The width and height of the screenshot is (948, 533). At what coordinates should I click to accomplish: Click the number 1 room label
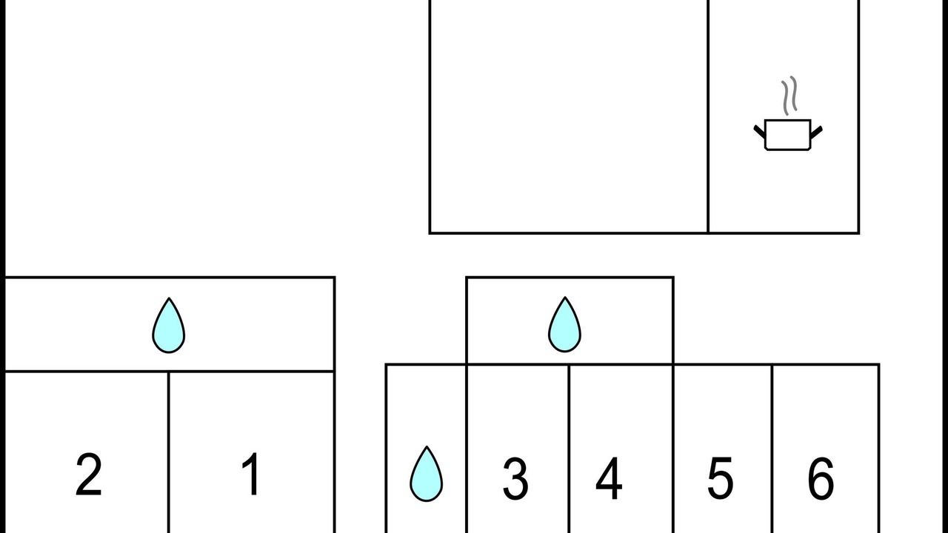click(x=251, y=473)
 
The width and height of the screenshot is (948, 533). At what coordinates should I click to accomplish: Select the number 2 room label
click(x=88, y=475)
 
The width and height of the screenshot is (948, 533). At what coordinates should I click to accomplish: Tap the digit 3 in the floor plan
click(x=515, y=478)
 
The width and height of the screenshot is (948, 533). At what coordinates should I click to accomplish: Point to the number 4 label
click(x=609, y=478)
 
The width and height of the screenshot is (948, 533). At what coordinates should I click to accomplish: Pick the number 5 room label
click(x=721, y=478)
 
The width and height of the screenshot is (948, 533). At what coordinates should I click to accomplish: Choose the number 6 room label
click(x=821, y=478)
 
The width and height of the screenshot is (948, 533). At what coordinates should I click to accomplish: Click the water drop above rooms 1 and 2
click(x=168, y=325)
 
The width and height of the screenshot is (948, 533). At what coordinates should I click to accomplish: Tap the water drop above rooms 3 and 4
click(x=564, y=324)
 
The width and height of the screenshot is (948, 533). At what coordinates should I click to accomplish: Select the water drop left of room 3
click(x=426, y=474)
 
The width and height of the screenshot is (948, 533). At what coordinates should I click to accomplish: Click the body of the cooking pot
click(x=787, y=135)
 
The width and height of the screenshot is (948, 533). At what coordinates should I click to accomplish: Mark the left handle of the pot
click(x=759, y=132)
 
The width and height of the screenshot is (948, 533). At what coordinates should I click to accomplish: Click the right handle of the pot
click(x=816, y=132)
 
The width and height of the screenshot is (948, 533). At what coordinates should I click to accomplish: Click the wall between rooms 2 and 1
click(x=168, y=452)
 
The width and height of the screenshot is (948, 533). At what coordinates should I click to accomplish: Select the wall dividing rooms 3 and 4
click(x=570, y=449)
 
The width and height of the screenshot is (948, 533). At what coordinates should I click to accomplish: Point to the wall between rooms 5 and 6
click(x=772, y=449)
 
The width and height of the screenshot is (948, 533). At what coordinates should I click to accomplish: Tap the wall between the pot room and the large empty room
click(x=708, y=116)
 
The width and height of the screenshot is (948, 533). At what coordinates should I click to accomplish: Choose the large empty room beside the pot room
click(x=569, y=115)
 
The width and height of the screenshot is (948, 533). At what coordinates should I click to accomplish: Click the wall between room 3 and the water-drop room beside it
click(x=467, y=449)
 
